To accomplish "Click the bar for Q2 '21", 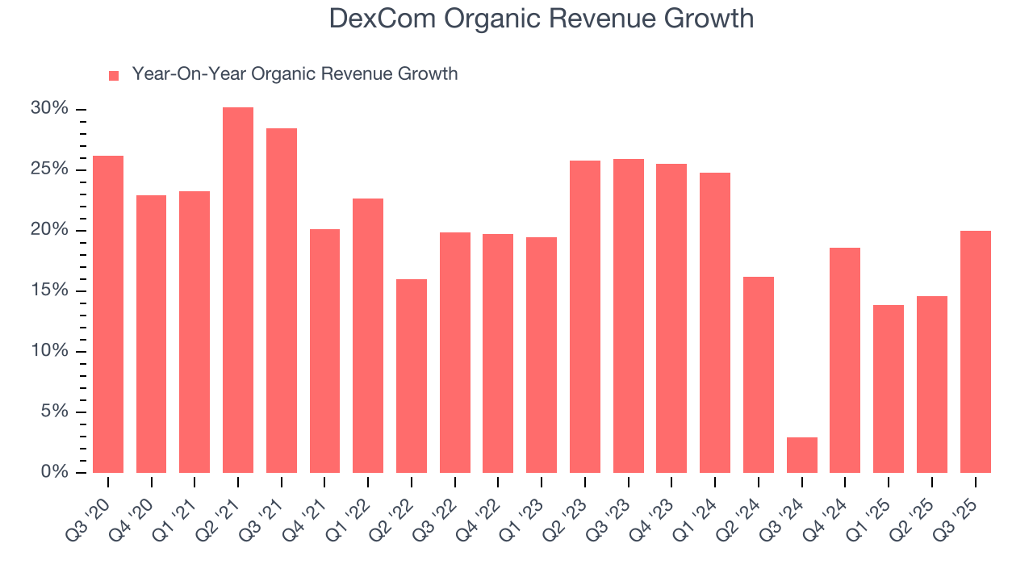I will pos(238,290).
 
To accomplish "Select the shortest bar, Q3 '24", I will pos(801,455).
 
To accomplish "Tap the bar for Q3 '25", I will pos(975,352).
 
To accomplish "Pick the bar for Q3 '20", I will pos(108,314).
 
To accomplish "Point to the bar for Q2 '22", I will pos(412,376).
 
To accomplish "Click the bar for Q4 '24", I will pos(845,360).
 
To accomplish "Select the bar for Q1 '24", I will pos(715,323).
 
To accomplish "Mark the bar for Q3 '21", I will pos(282,300).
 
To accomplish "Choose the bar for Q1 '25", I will pos(889,389).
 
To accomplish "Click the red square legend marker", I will pos(114,75).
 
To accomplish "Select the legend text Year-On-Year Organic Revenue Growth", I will pos(295,74).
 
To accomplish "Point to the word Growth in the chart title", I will pos(712,19).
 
